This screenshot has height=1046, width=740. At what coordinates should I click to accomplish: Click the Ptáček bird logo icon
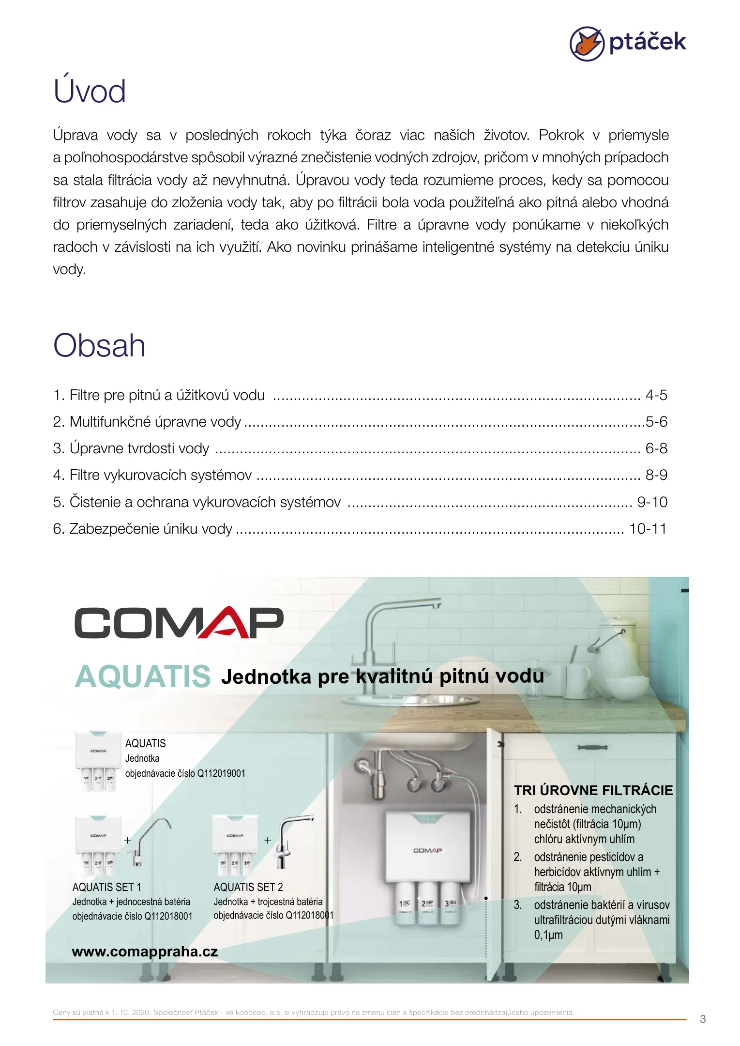(587, 44)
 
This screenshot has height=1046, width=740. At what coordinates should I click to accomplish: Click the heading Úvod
(90, 91)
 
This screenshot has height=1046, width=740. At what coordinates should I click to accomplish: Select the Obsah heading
(99, 346)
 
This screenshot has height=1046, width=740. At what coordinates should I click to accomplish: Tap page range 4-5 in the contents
(656, 395)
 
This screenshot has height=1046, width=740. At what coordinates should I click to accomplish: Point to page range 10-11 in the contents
(647, 529)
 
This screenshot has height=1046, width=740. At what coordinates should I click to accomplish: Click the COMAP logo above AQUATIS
(179, 623)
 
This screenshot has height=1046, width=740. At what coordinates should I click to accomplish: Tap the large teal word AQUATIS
(143, 677)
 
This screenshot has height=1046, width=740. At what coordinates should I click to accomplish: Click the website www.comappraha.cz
(145, 952)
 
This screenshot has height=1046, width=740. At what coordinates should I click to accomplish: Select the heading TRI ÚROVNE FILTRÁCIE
(593, 790)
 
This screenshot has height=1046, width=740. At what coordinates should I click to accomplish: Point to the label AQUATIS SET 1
(106, 887)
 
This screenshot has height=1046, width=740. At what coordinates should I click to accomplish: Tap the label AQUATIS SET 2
(248, 887)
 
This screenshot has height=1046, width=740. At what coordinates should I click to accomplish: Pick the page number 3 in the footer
(703, 1019)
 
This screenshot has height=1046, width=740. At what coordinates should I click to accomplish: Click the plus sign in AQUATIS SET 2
(268, 841)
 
